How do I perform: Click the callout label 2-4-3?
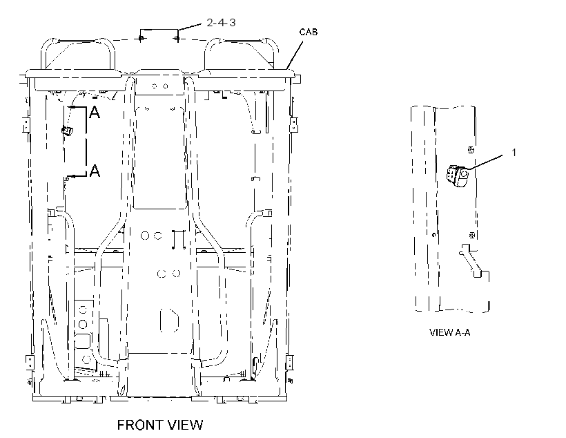point(221,23)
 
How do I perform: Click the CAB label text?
point(309,32)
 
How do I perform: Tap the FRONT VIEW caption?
point(160,425)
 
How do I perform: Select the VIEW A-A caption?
point(450,332)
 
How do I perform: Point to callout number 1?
point(514,153)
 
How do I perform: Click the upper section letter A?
point(95,113)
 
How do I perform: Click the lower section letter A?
point(95,170)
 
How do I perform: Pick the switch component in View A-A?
point(458,175)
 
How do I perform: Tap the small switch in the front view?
point(68,131)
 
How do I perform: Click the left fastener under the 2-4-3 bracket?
point(141,38)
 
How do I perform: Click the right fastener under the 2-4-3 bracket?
point(177,38)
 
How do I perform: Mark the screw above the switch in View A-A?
point(471,150)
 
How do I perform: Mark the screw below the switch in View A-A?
point(471,236)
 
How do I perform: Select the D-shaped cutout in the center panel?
point(169,320)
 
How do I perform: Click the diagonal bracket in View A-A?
point(470,261)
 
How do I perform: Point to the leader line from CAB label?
point(295,55)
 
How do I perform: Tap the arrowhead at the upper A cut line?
point(73,107)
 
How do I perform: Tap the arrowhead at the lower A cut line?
point(73,176)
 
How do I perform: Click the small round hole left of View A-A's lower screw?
point(434,234)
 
